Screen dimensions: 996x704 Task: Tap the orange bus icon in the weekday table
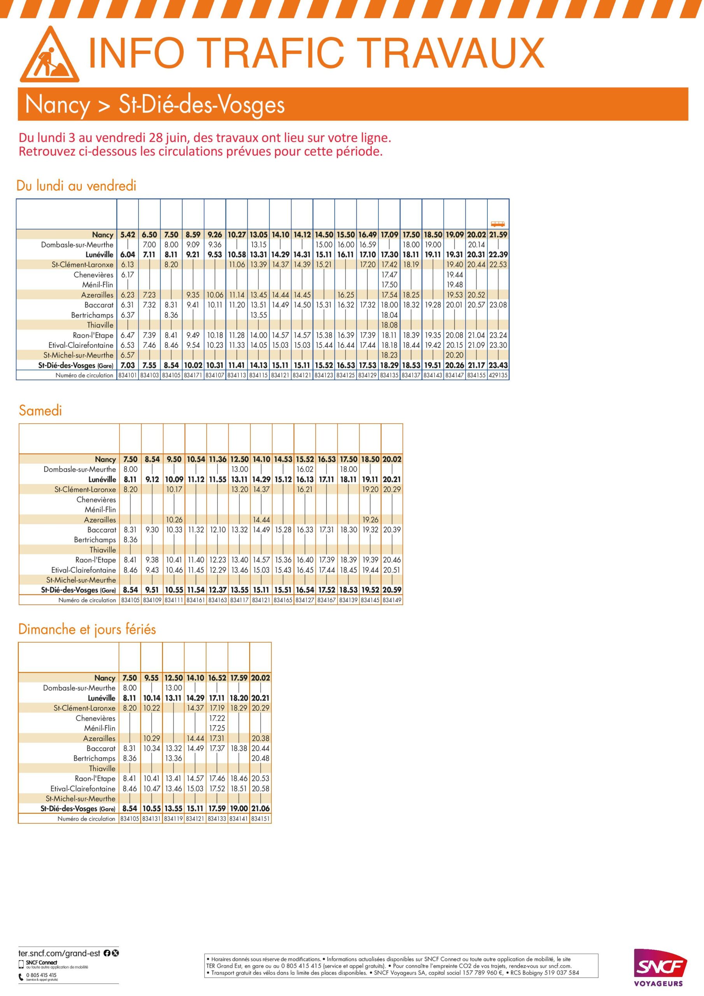[x=497, y=224]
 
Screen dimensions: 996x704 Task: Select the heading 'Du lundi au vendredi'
[x=76, y=186]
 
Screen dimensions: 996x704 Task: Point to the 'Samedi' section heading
[x=40, y=410]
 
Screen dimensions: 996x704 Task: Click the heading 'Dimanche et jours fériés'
[x=87, y=629]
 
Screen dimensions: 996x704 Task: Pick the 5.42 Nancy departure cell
[x=128, y=235]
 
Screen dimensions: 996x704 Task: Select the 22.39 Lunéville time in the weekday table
[x=498, y=254]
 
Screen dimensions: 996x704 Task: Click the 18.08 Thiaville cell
[x=389, y=325]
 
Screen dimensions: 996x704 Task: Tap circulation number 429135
[x=498, y=375]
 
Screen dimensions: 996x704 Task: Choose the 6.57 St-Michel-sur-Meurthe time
[x=128, y=355]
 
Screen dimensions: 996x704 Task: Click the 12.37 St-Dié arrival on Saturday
[x=217, y=590]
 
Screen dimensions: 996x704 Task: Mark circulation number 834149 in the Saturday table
[x=392, y=600]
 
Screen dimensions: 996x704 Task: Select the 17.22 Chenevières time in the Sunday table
[x=217, y=718]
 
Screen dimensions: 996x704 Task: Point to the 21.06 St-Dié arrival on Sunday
[x=260, y=808]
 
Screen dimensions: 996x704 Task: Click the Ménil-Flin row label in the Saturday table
[x=100, y=509]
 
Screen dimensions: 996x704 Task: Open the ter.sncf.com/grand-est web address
[x=59, y=954]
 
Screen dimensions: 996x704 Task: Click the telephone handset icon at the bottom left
[x=21, y=976]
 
